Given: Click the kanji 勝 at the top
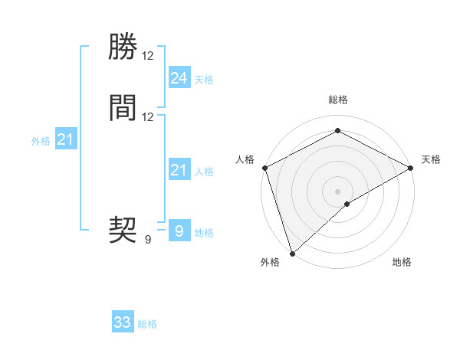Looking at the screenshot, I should (x=123, y=47).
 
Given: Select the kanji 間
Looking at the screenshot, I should (x=123, y=108).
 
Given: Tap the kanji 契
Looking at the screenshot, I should (x=123, y=229).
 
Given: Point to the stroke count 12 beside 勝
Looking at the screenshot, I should (x=148, y=56).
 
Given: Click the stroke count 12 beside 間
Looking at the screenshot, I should (x=148, y=117).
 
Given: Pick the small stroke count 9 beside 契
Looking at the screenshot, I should (x=148, y=239).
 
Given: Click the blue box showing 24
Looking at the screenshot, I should (x=179, y=77).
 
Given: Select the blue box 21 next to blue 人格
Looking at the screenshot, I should (x=179, y=170).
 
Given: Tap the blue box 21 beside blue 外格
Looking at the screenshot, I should (x=65, y=139).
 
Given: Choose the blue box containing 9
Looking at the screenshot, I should (x=179, y=231).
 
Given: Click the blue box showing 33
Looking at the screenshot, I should (x=123, y=322).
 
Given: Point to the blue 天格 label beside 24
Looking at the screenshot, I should (x=204, y=80).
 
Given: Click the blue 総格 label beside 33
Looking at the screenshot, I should (x=148, y=325).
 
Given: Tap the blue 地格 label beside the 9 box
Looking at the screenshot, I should (x=204, y=233).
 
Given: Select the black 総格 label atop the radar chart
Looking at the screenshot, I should (x=338, y=100).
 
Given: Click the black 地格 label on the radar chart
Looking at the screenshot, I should (x=402, y=263).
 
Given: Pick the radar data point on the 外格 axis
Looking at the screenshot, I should (x=292, y=253).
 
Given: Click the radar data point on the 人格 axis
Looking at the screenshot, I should (x=264, y=168).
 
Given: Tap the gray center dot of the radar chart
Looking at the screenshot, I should (x=338, y=191).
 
